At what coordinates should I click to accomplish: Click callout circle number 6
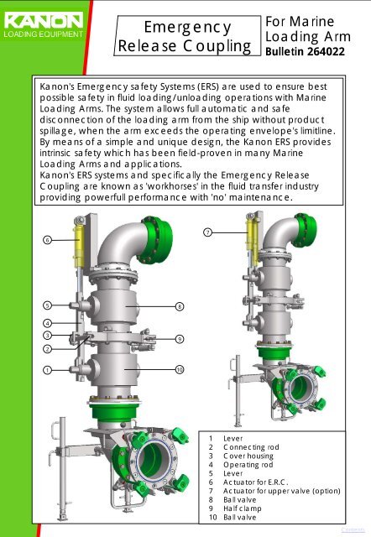pyautogui.click(x=48, y=240)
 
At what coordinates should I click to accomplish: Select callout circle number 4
pyautogui.click(x=48, y=323)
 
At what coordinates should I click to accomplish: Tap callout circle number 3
pyautogui.click(x=48, y=335)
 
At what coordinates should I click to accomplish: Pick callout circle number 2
pyautogui.click(x=48, y=347)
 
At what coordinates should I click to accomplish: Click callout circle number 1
pyautogui.click(x=48, y=369)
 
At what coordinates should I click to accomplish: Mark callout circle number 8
pyautogui.click(x=180, y=307)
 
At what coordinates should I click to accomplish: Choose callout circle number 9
pyautogui.click(x=180, y=338)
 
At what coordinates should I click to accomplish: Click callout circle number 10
pyautogui.click(x=180, y=369)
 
